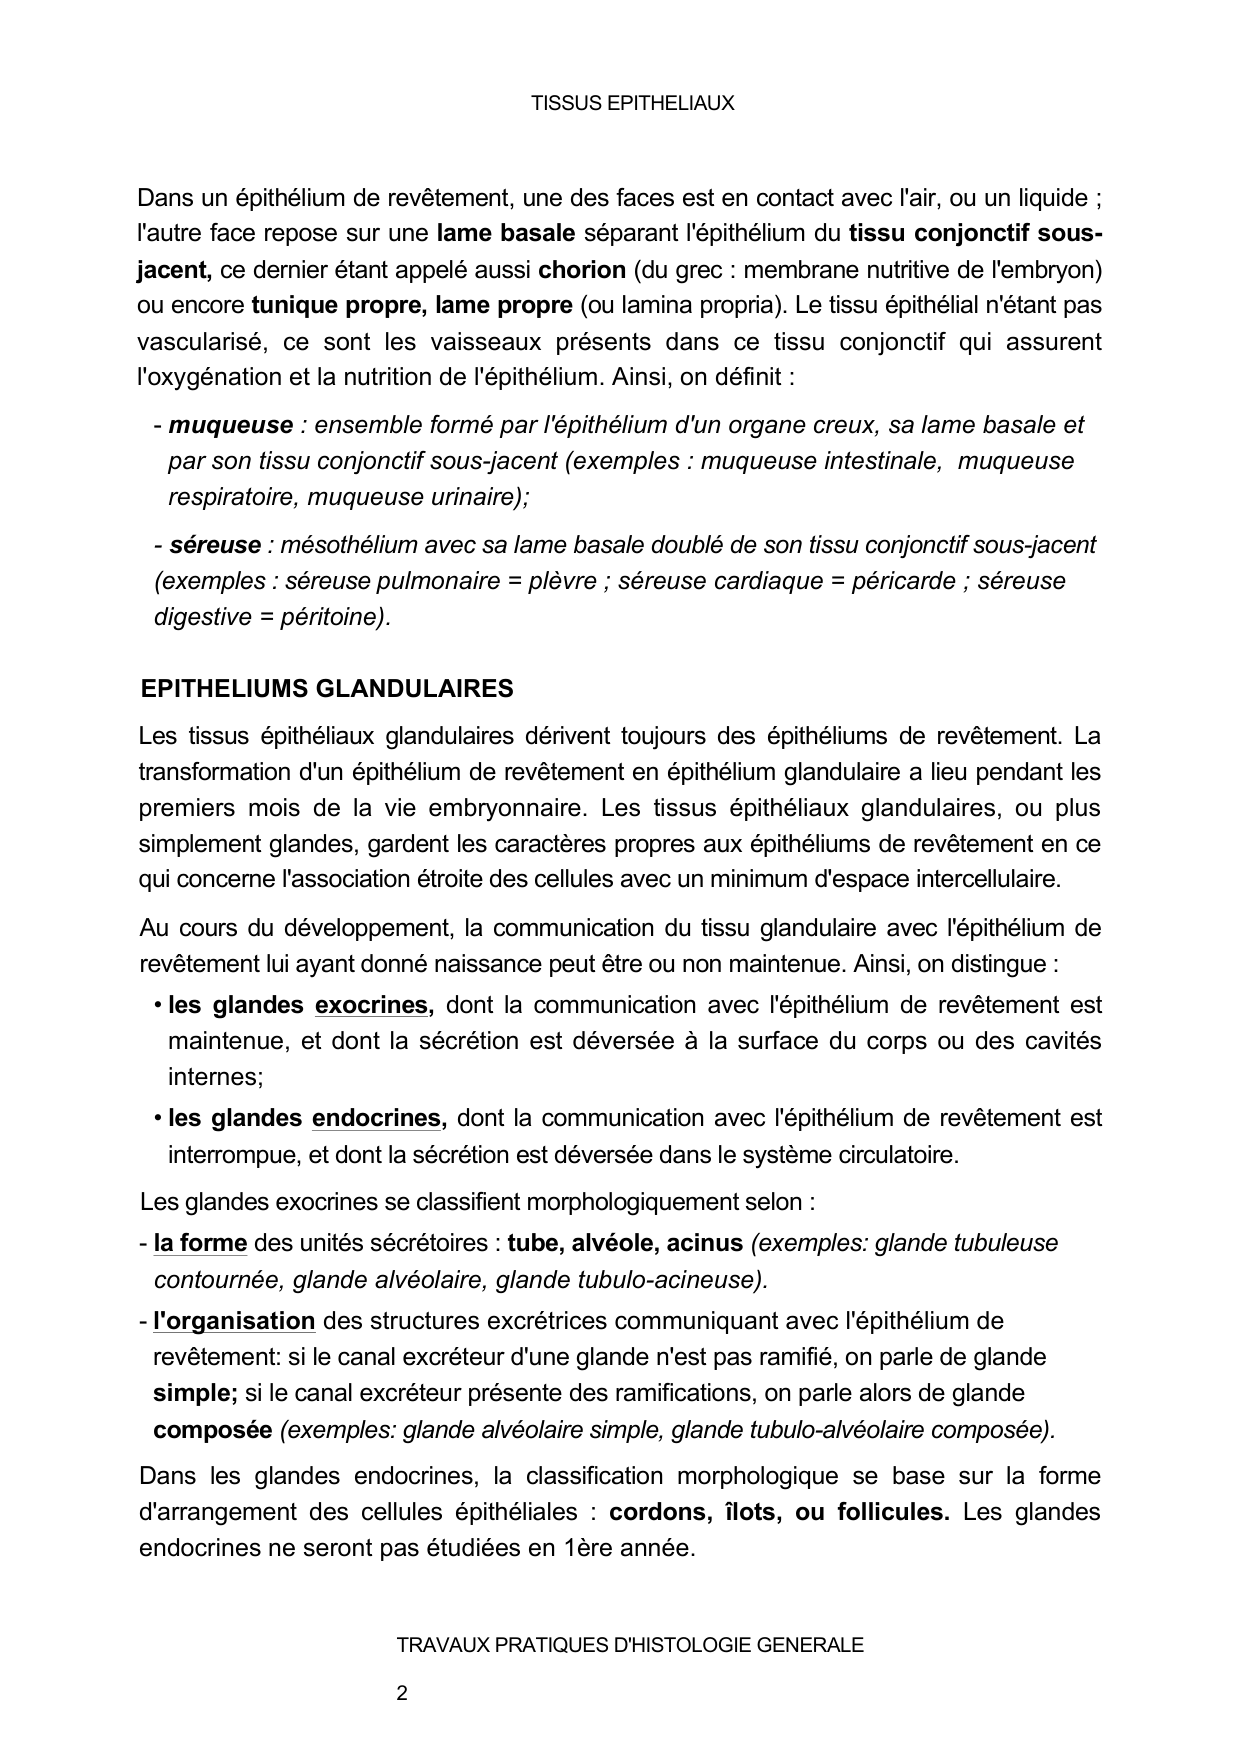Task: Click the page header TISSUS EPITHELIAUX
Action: [x=632, y=103]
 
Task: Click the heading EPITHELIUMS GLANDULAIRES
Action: [x=327, y=688]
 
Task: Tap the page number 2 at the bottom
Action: [x=402, y=1693]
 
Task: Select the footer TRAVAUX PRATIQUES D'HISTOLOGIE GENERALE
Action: [x=630, y=1645]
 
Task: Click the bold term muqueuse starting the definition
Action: [x=230, y=425]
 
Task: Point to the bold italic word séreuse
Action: [x=214, y=545]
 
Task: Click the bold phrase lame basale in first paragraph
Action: [x=506, y=234]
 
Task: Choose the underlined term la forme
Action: [x=200, y=1243]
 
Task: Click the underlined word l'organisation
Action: [x=234, y=1321]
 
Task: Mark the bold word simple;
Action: [x=195, y=1393]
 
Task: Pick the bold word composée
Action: [x=212, y=1429]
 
